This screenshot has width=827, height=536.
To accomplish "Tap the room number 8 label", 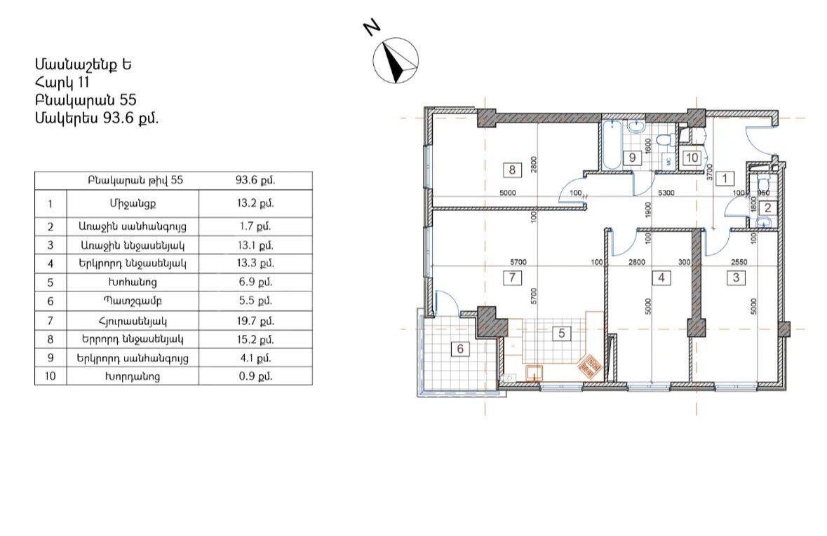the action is pyautogui.click(x=512, y=170).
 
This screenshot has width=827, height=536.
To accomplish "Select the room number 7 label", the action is pyautogui.click(x=512, y=277).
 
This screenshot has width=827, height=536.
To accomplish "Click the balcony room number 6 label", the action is pyautogui.click(x=460, y=349).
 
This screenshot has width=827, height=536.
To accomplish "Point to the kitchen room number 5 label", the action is pyautogui.click(x=561, y=333).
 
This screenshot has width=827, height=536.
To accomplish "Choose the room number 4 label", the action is pyautogui.click(x=661, y=277).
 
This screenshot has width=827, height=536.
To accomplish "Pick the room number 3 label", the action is pyautogui.click(x=736, y=277).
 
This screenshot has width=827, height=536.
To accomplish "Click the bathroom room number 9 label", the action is pyautogui.click(x=632, y=158).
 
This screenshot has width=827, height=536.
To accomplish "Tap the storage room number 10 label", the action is pyautogui.click(x=692, y=158).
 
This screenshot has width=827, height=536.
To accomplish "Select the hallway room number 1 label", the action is pyautogui.click(x=725, y=178).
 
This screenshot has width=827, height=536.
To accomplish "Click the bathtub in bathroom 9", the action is pyautogui.click(x=612, y=144).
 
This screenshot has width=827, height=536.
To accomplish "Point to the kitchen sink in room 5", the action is pyautogui.click(x=535, y=373).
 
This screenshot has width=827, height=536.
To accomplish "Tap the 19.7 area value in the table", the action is pyautogui.click(x=255, y=320).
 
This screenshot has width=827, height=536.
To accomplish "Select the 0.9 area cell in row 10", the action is pyautogui.click(x=255, y=376).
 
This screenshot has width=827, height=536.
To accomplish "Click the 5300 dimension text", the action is pyautogui.click(x=666, y=193).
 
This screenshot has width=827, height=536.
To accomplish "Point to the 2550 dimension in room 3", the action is pyautogui.click(x=739, y=262).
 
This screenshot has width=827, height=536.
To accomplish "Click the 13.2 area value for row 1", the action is pyautogui.click(x=255, y=203).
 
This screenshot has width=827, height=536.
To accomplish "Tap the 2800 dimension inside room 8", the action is pyautogui.click(x=534, y=165).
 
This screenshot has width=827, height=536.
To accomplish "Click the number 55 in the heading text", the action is pyautogui.click(x=128, y=100).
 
